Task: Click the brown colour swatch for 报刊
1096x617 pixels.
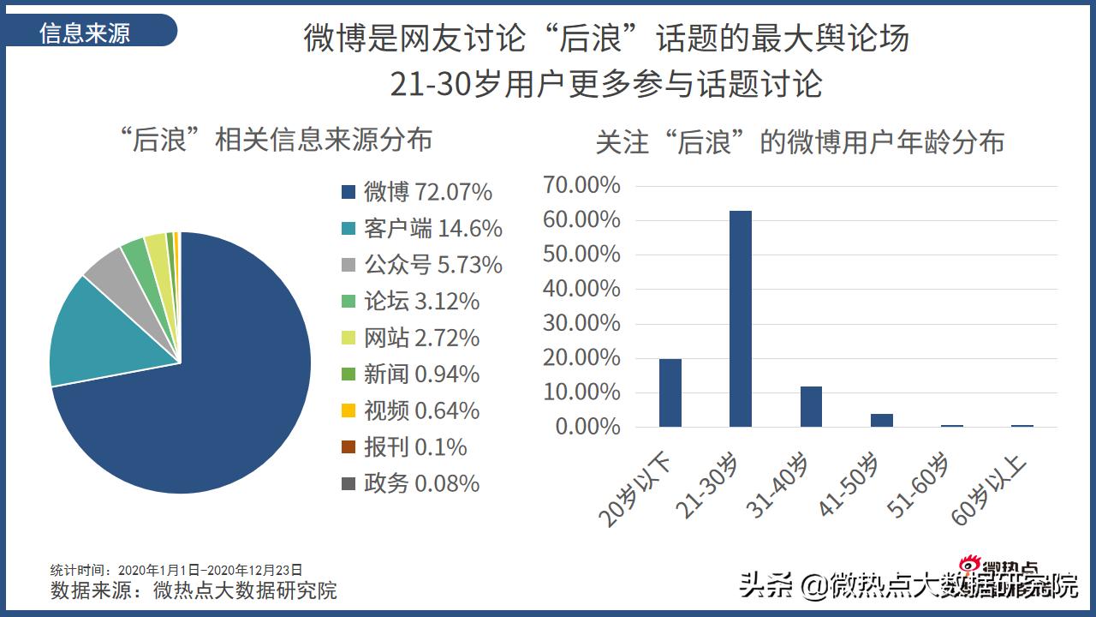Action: point(348,447)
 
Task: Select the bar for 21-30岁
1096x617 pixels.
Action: point(741,319)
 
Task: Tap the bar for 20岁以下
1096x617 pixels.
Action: point(670,392)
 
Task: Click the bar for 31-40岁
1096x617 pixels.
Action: point(811,406)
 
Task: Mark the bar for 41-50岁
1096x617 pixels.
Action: point(882,420)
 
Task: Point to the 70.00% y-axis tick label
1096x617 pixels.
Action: point(581,185)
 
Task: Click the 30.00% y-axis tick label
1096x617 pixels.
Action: point(581,323)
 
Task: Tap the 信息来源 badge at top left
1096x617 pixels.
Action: point(86,33)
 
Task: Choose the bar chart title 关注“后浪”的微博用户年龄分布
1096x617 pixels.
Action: point(800,142)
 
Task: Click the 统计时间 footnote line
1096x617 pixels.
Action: point(176,570)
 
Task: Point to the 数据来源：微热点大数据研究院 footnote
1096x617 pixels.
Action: point(194,590)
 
